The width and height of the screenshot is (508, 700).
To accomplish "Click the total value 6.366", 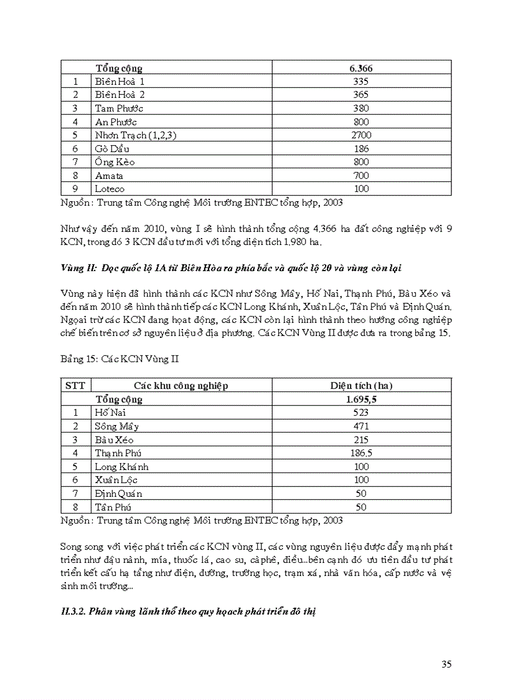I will pos(361,68).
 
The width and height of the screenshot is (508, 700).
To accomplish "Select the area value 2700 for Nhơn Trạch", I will pos(361,135).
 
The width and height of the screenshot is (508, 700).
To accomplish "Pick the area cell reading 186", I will pos(361,149).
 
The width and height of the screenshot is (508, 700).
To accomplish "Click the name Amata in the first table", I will pos(109,176).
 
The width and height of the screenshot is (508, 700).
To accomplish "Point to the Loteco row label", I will pos(110,189).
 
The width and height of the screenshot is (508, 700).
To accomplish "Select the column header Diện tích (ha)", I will pos(361,386).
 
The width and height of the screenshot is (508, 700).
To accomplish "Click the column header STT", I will pos(75,386).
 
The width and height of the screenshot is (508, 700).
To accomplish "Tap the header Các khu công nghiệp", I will pos(181,386).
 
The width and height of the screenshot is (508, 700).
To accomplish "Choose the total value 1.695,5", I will pos(361,400).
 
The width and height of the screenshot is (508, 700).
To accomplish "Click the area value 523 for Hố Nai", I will pos(361,413).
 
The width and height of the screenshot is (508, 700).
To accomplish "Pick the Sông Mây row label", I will pos(116,426).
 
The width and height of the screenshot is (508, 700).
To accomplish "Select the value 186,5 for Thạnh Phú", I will pos(361,453).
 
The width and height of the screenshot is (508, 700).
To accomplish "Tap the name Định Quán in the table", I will pos(118,494).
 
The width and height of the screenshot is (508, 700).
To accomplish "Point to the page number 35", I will pos(446,664).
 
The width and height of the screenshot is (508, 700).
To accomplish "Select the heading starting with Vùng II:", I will pos(231,268).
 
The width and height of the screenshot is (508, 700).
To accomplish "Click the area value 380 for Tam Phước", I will pos(361,108).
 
